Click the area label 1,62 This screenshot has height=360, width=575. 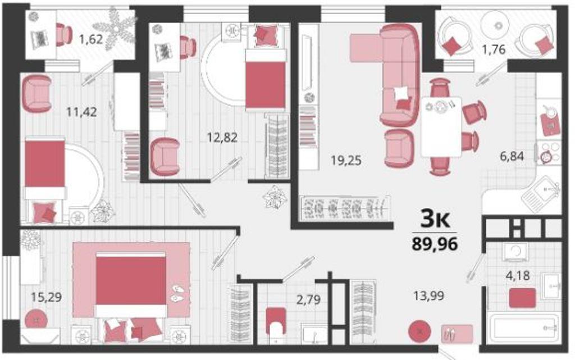(91, 39)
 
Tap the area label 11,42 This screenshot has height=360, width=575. (81, 112)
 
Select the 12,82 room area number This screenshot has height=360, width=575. (222, 138)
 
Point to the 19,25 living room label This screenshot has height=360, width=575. (346, 160)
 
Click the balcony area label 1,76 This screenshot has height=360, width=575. (494, 49)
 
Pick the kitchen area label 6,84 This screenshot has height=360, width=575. (512, 156)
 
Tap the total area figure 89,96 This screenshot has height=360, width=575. (435, 244)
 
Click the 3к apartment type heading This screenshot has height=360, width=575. (435, 220)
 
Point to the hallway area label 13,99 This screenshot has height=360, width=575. (428, 295)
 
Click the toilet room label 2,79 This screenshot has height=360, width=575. (308, 299)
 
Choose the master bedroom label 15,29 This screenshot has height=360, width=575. (46, 297)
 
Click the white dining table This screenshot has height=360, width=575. (441, 127)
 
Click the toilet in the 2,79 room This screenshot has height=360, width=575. (276, 321)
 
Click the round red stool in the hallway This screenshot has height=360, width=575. (419, 331)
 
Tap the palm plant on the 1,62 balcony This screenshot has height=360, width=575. (115, 29)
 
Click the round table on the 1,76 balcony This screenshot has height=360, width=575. (498, 25)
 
